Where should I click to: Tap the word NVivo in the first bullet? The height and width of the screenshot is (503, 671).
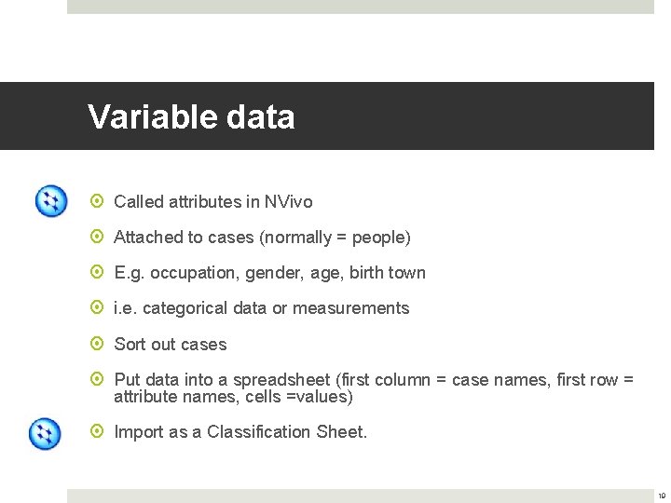[x=288, y=202]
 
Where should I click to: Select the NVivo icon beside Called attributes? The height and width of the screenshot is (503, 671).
[x=50, y=201]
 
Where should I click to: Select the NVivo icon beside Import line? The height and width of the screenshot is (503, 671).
[x=45, y=433]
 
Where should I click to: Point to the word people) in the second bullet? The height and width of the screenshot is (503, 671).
[x=381, y=238]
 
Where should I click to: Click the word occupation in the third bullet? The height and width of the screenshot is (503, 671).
[x=192, y=273]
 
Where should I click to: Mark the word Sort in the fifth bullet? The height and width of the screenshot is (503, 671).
[x=130, y=345]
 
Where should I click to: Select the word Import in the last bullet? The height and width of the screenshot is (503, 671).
[x=136, y=432]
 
